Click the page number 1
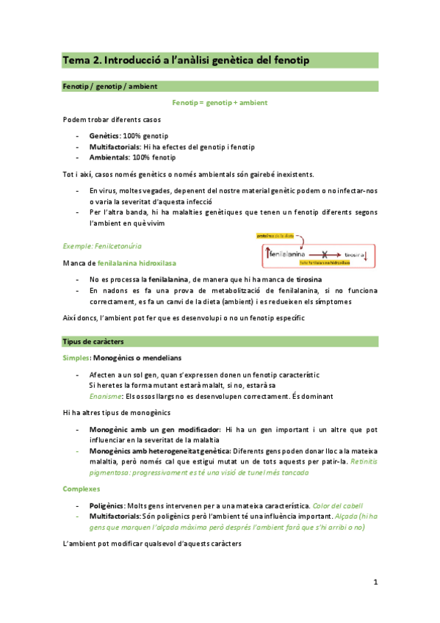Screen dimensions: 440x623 pos(375,583)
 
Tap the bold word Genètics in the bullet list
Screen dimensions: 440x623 pos(104,136)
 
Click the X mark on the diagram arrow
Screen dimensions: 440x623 pos(323,252)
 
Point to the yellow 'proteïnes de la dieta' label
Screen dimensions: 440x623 pos(274,237)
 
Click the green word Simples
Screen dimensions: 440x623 pos(76,357)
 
